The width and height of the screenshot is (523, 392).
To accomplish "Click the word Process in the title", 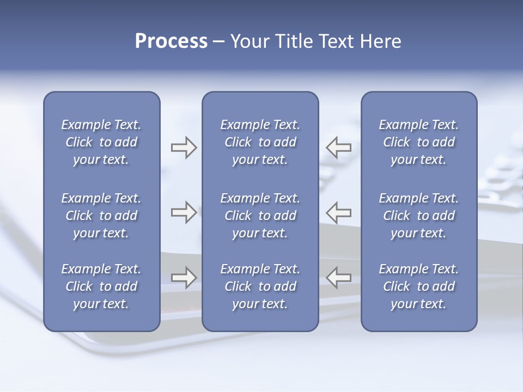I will click(171, 41).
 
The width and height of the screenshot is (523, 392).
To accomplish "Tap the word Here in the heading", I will click(380, 41).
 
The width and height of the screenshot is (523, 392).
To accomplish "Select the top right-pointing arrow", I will click(184, 148).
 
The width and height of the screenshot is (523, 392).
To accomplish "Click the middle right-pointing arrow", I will click(184, 212).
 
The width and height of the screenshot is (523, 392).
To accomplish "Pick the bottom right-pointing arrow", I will click(184, 278).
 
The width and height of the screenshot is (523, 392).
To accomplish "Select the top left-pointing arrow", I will click(338, 148).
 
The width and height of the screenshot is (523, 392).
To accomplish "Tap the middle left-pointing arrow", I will click(338, 212).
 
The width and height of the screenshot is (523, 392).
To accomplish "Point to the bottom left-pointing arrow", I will click(338, 278).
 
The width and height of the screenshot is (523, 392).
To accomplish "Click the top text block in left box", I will click(101, 142).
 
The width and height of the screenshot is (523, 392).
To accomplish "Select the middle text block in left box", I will click(101, 216).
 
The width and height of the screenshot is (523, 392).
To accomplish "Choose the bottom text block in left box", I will click(101, 286).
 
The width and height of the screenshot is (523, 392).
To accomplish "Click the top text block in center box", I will click(260, 142).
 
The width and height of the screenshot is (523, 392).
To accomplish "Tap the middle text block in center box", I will click(260, 216).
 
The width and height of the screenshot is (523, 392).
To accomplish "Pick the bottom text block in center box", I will click(260, 286).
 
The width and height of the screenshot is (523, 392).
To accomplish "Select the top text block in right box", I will click(419, 142).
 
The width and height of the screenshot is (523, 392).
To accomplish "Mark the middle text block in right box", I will click(419, 216).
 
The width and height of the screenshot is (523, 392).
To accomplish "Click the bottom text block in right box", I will click(419, 286).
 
